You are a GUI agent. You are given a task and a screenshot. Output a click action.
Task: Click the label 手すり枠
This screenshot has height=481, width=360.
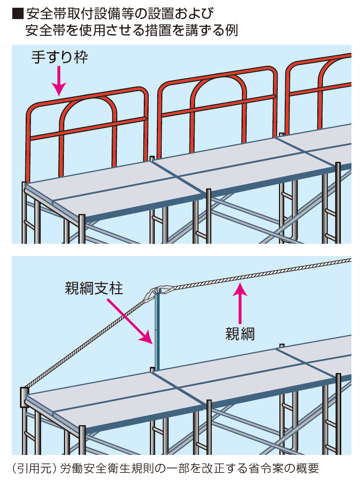click(x=59, y=58)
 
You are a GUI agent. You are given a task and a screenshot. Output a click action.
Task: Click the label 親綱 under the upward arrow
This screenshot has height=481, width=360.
click(x=240, y=334)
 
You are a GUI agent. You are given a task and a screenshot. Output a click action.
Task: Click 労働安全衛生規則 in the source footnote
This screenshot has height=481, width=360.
click(x=101, y=468)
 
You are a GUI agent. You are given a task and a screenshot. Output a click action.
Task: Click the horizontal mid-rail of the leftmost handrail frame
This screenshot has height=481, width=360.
click(x=88, y=128)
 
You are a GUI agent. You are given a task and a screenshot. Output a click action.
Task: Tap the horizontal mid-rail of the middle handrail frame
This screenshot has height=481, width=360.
click(x=218, y=106)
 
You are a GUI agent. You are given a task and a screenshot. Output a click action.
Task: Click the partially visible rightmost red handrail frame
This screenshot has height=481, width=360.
click(x=322, y=82)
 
